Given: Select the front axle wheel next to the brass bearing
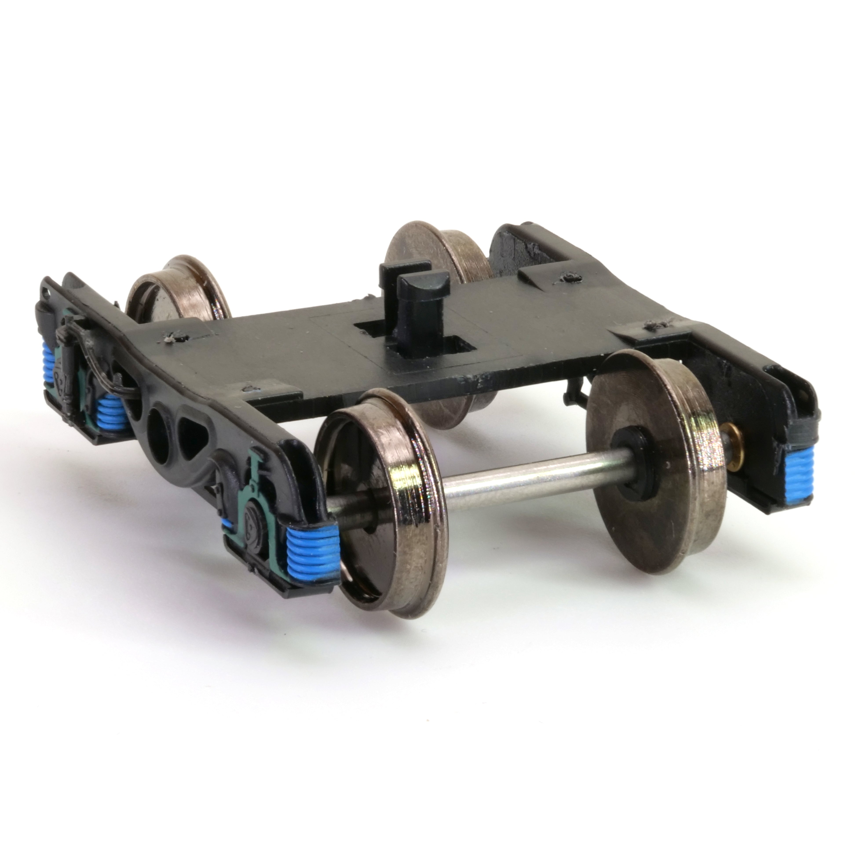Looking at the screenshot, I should (x=650, y=465).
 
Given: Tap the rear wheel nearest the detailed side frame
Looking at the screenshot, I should (x=177, y=292).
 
